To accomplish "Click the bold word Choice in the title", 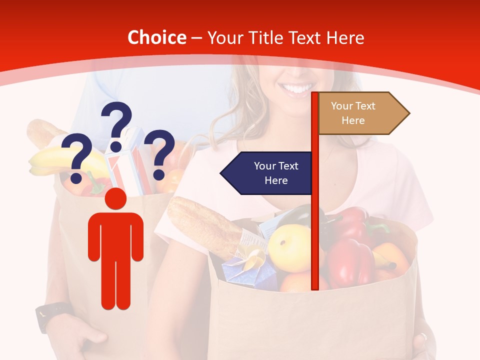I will (x=156, y=37).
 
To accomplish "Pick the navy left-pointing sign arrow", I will (x=267, y=173).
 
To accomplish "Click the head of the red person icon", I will (x=115, y=198).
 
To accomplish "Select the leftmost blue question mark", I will (x=76, y=158).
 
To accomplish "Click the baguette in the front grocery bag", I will (x=205, y=225).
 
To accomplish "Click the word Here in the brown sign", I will (x=353, y=120).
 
